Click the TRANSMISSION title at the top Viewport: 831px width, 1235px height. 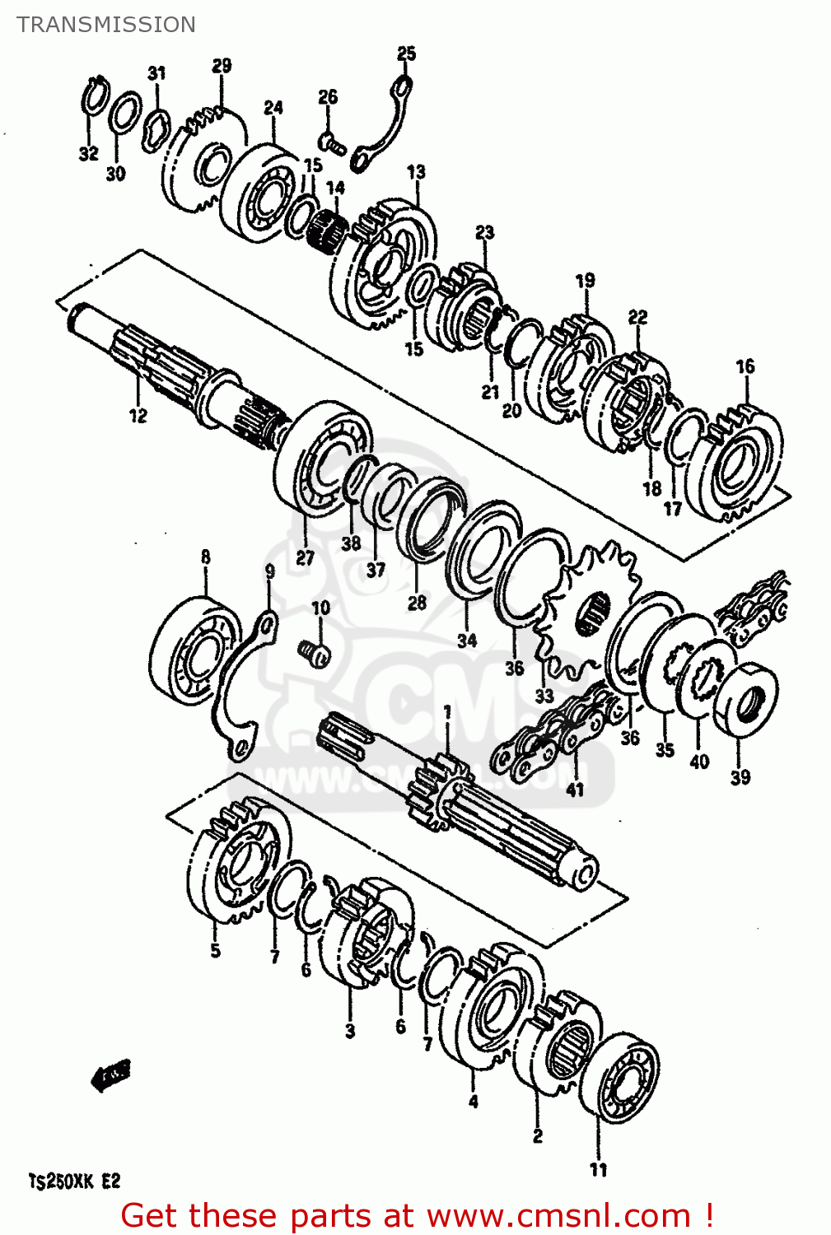pyautogui.click(x=106, y=25)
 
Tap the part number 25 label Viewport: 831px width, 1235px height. pyautogui.click(x=407, y=54)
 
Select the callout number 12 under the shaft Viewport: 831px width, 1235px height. pyautogui.click(x=138, y=416)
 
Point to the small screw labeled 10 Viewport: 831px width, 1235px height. pyautogui.click(x=315, y=653)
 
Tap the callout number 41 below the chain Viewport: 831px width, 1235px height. pyautogui.click(x=575, y=790)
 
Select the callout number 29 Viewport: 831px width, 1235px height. pyautogui.click(x=222, y=66)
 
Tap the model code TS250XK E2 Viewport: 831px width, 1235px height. pyautogui.click(x=75, y=1181)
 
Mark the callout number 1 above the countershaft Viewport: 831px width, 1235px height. pyautogui.click(x=447, y=712)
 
